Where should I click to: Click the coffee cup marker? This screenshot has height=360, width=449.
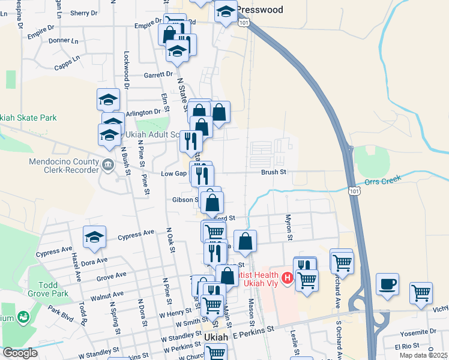coord(387,283)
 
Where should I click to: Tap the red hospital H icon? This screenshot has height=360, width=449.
coord(287,278)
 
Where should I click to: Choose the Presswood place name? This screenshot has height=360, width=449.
coord(259,10)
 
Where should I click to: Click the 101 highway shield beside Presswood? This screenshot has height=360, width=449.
coord(243,22)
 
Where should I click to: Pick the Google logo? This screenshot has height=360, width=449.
coord(19,353)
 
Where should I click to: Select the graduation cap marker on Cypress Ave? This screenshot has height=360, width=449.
coord(94,237)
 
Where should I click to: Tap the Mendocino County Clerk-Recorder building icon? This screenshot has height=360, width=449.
coord(108,164)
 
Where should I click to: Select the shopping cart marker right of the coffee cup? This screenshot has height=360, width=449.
coord(421,293)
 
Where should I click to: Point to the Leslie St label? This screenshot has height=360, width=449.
coord(295,340)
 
